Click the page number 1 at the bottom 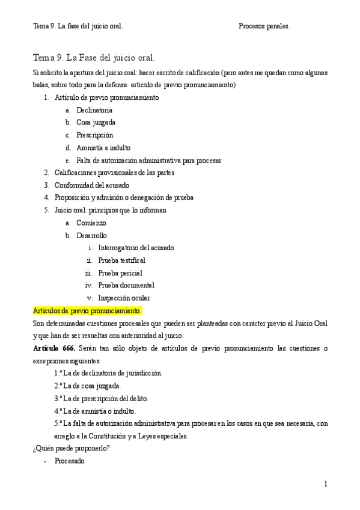(325, 484)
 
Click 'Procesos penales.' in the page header (264, 26)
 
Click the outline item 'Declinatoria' (94, 110)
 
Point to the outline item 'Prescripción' (94, 135)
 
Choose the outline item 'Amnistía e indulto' (103, 148)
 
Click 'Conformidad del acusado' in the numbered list (91, 185)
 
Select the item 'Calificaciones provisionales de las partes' (114, 173)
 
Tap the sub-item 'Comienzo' (91, 223)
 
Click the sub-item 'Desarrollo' (92, 236)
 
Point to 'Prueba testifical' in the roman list (121, 260)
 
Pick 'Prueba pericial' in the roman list (120, 273)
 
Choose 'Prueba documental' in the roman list (126, 285)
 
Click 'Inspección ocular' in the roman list (124, 298)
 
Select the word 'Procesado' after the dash (69, 461)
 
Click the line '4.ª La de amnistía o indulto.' (94, 411)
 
